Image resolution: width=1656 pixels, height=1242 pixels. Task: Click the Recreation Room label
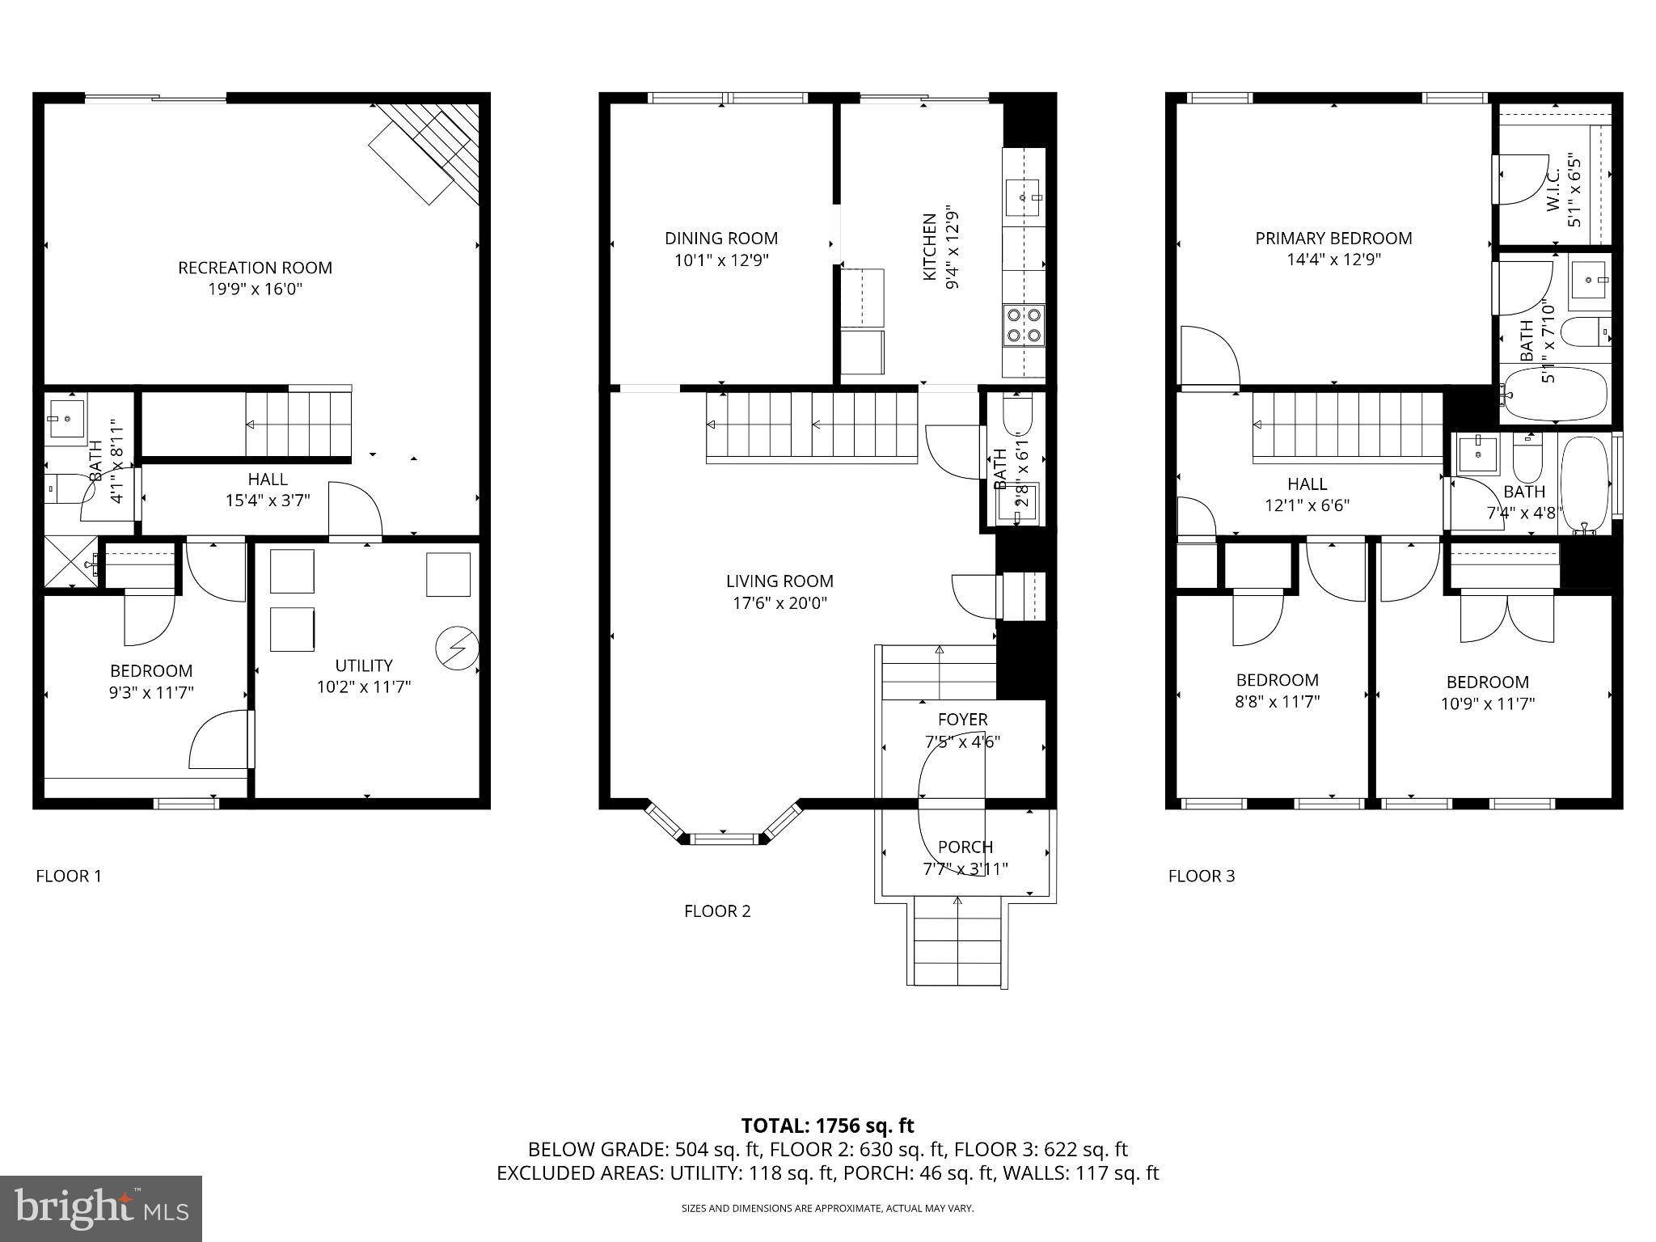(255, 268)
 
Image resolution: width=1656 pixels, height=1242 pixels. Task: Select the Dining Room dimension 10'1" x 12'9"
(721, 260)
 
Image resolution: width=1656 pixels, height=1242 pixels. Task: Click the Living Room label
(779, 581)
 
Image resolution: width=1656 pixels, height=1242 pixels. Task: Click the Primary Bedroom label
(1333, 239)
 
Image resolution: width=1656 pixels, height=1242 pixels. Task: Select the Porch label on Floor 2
(965, 847)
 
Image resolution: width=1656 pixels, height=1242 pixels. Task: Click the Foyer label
(962, 720)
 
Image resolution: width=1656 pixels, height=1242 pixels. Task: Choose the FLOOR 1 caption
(69, 876)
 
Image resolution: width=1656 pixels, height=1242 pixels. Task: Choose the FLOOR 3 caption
(1201, 876)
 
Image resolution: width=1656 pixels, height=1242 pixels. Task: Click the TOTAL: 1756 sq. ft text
(827, 1126)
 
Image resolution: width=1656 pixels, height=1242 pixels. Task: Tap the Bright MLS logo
(100, 1208)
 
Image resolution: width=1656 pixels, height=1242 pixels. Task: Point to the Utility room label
(364, 665)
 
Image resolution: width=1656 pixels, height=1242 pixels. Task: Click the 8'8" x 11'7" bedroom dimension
(1277, 702)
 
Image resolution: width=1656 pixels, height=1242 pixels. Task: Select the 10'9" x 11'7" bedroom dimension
(1487, 704)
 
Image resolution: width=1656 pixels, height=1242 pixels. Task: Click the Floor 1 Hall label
(267, 479)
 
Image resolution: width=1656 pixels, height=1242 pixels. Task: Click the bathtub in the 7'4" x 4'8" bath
(1586, 483)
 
